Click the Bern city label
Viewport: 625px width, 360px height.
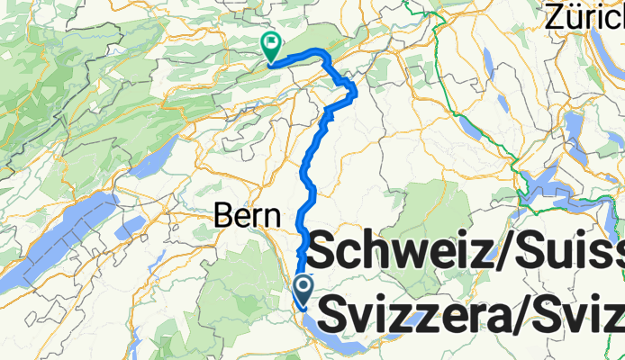[246, 216]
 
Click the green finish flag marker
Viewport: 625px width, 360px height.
[270, 43]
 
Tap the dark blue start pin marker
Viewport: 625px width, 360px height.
[303, 288]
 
